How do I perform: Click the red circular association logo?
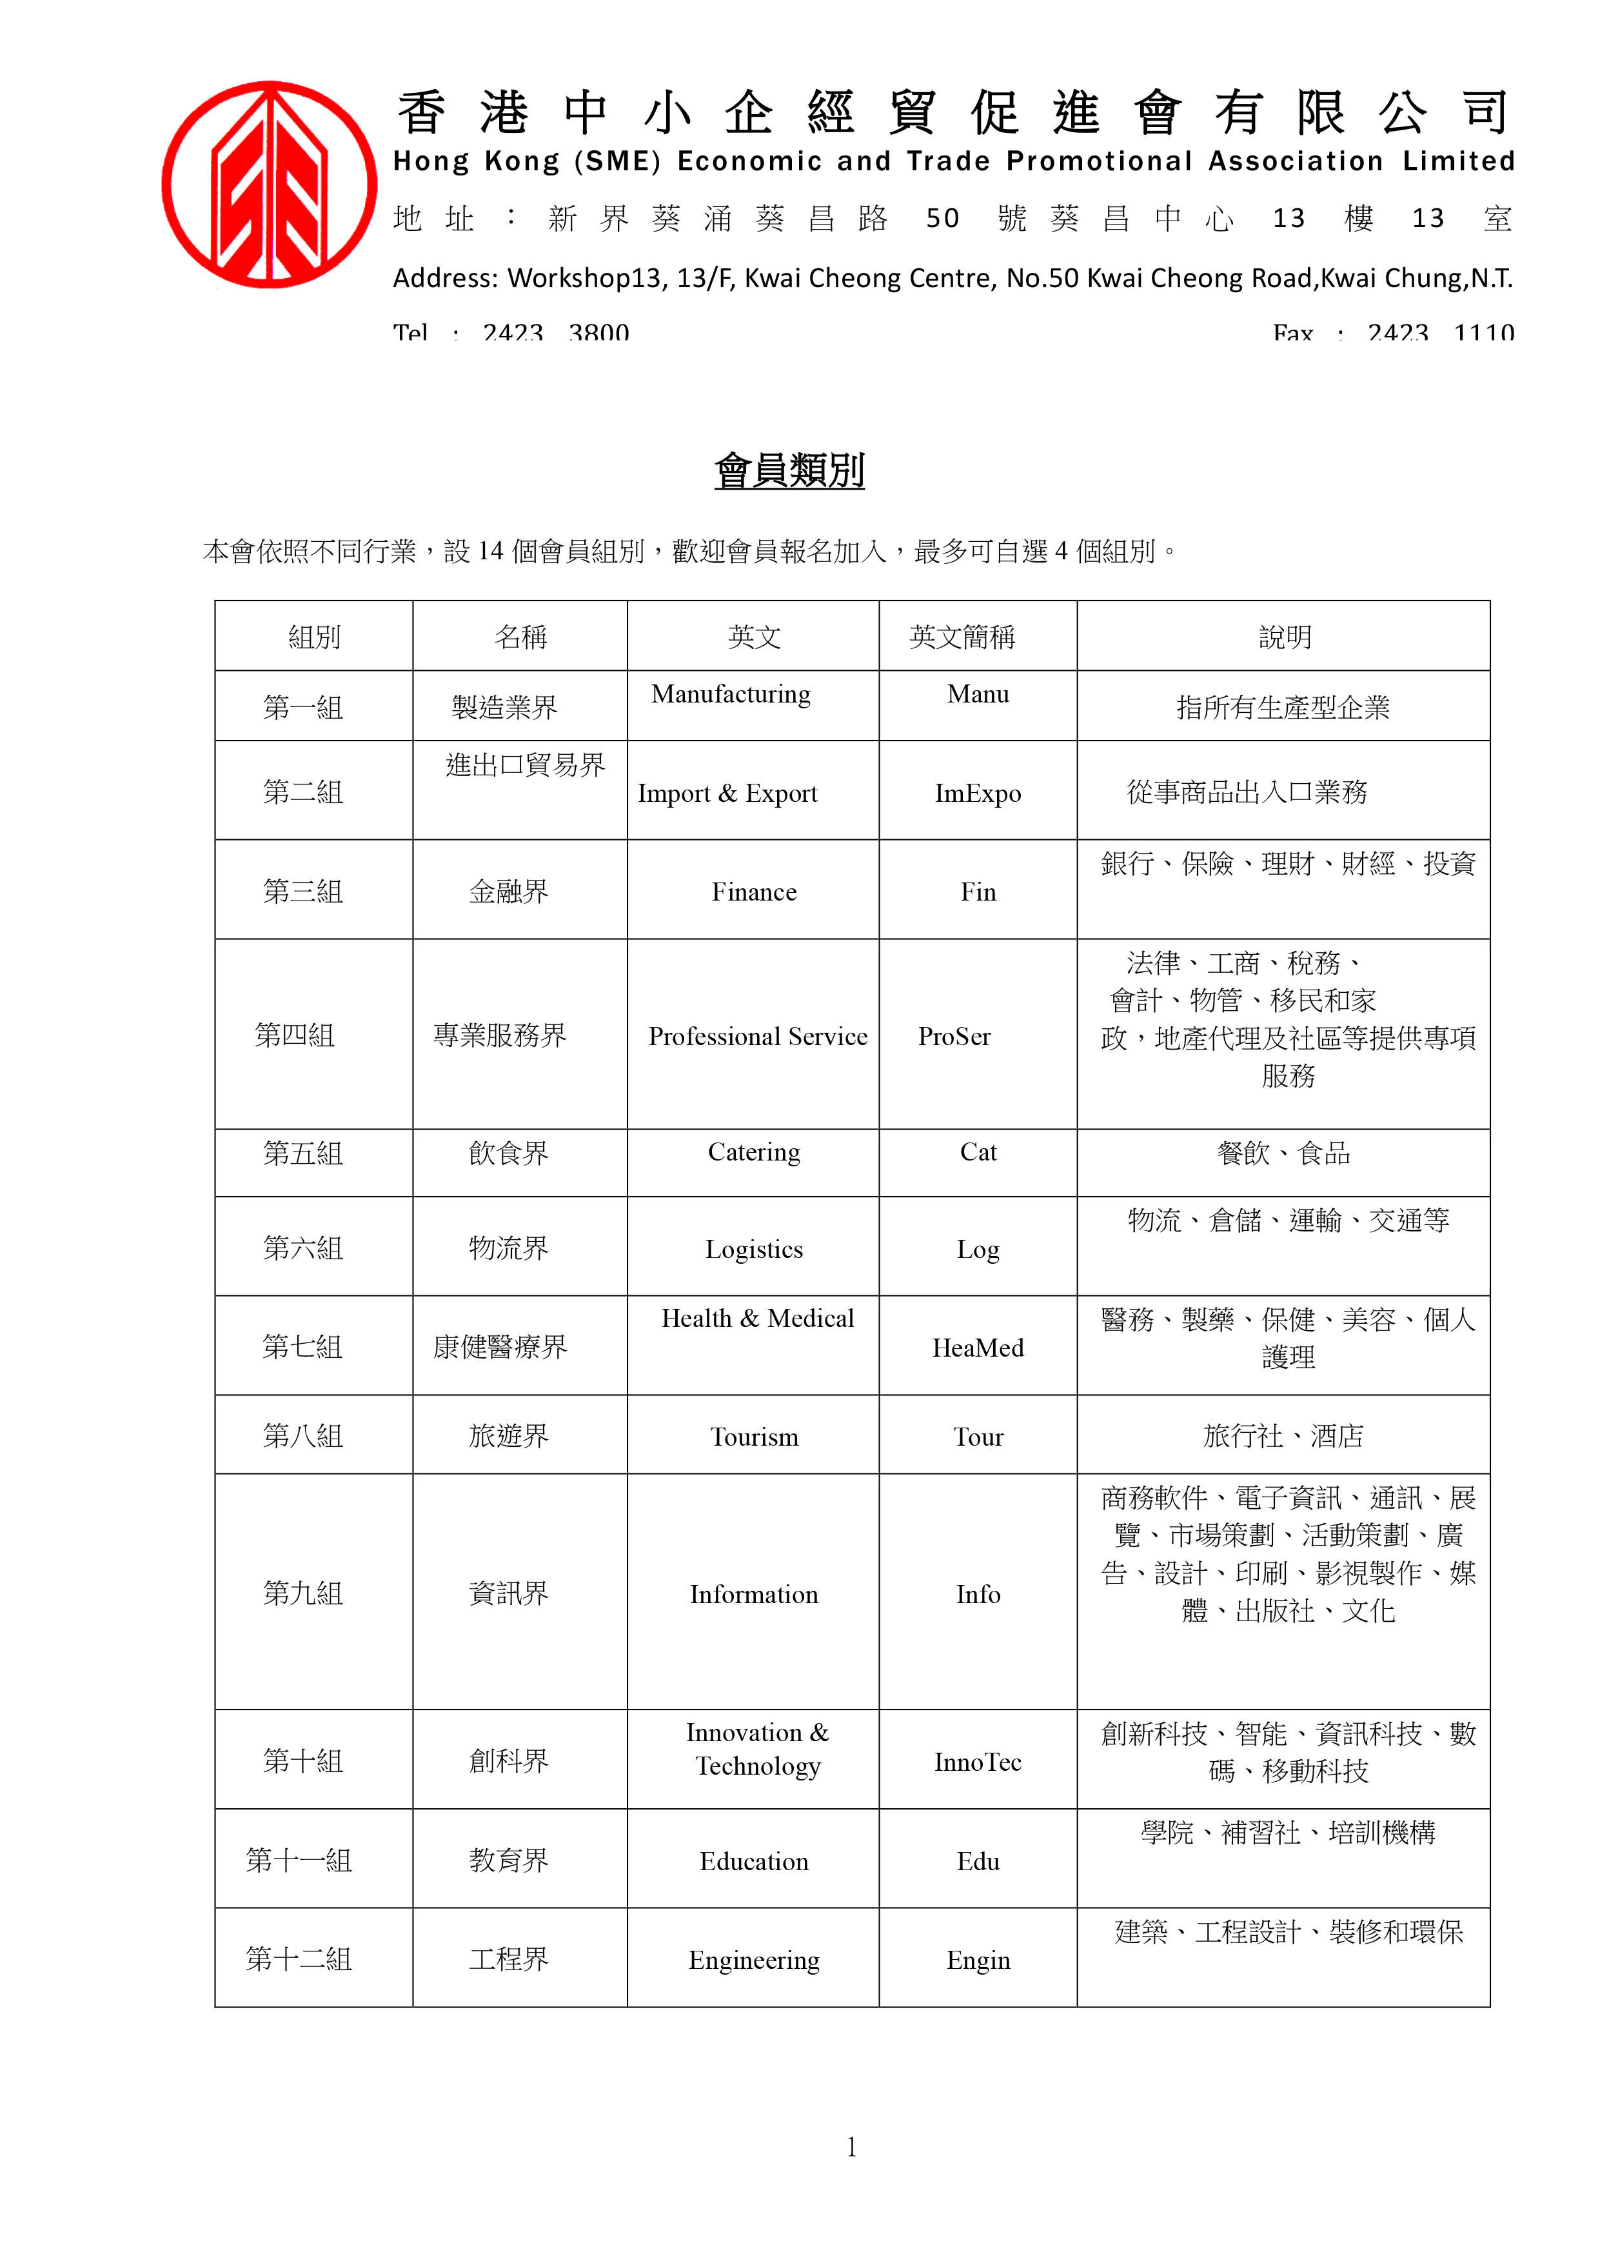[x=269, y=185]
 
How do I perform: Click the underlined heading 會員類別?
[x=789, y=470]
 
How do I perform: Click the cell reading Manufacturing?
[x=731, y=695]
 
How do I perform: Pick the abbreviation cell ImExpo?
[x=977, y=793]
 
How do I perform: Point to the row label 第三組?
[x=302, y=892]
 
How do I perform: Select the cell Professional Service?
[x=758, y=1037]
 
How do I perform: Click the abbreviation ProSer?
[x=954, y=1037]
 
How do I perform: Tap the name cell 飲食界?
[x=508, y=1153]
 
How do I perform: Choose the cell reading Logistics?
[x=754, y=1250]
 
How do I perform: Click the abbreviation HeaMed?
[x=977, y=1348]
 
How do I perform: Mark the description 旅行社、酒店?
[x=1283, y=1436]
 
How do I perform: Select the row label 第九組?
[x=302, y=1594]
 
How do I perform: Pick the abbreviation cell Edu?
[x=977, y=1862]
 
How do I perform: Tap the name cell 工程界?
[x=508, y=1959]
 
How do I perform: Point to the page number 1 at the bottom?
[x=851, y=2147]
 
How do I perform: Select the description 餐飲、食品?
[x=1283, y=1153]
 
